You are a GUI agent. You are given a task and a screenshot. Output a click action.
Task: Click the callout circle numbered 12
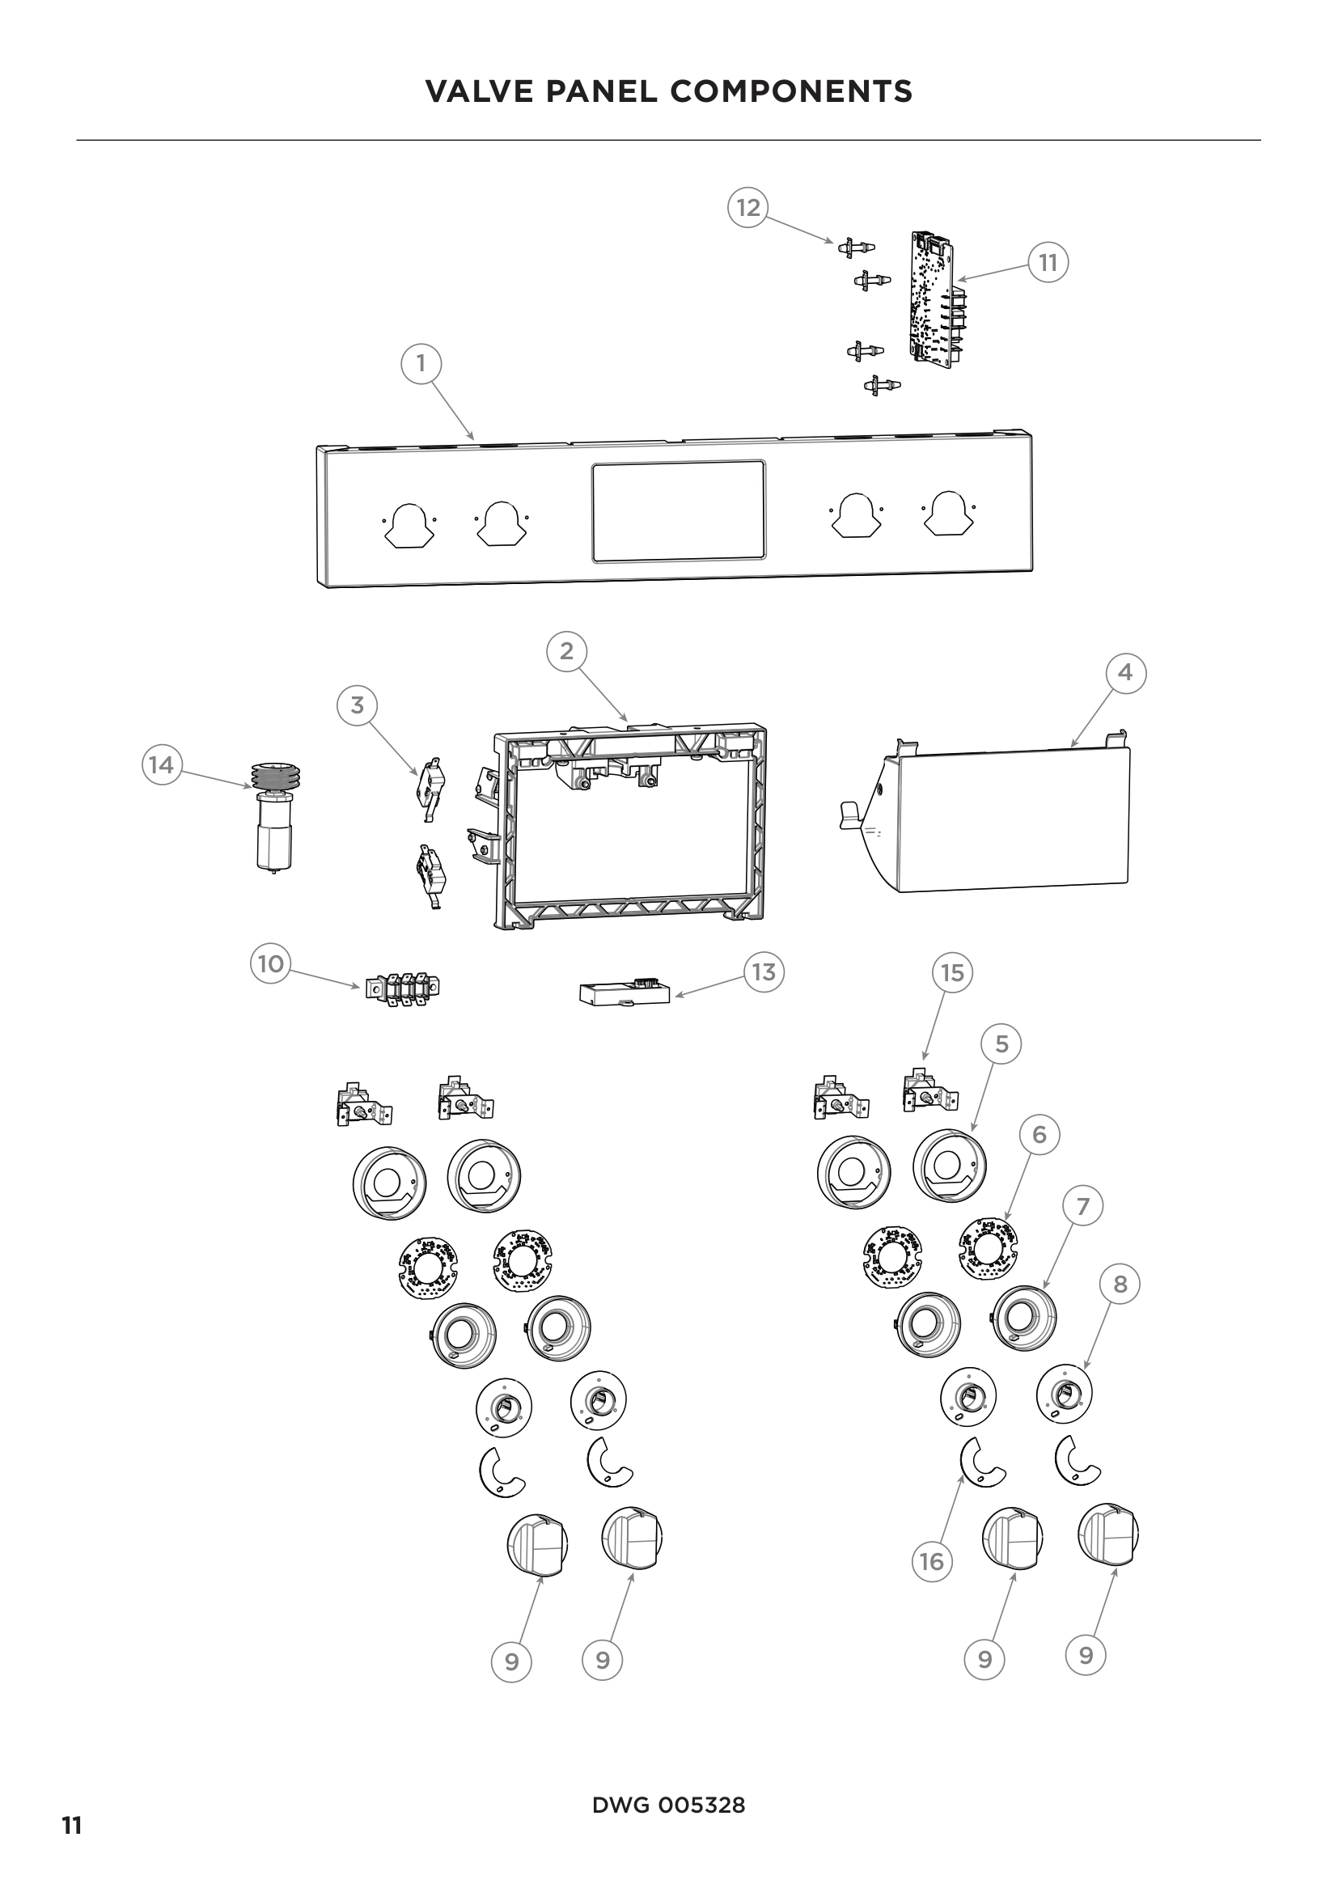point(747,207)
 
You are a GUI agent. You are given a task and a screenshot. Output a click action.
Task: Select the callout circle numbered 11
point(1047,263)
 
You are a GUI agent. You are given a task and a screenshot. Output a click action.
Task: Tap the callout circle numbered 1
point(421,363)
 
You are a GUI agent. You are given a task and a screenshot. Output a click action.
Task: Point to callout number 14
point(162,764)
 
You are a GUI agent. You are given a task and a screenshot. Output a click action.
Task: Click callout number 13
point(764,972)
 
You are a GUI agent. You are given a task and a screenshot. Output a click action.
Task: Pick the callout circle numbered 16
point(931,1561)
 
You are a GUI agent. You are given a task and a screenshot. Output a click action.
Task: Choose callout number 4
point(1125,673)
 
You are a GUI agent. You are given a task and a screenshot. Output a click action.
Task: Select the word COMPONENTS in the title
point(792,91)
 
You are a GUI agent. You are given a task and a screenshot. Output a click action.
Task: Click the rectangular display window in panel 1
point(678,512)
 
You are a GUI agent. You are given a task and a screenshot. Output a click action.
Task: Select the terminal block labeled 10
point(403,988)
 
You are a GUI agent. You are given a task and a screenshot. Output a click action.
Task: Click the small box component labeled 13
point(624,993)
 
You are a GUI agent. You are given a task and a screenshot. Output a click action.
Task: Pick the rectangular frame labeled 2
point(630,827)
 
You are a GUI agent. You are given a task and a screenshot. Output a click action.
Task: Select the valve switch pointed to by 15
point(930,1092)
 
